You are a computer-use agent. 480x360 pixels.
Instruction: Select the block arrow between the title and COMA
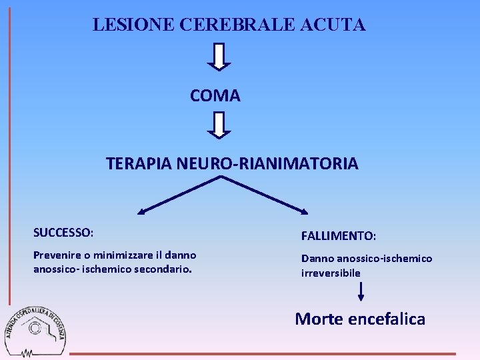point(219,57)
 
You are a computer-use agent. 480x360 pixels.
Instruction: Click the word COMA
point(215,96)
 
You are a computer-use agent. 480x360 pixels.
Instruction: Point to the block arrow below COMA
point(219,125)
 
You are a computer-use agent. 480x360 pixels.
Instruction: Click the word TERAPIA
point(139,163)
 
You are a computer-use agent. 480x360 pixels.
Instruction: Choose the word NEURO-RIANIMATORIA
point(267,163)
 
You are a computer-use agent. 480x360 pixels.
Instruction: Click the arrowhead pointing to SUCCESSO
point(141,212)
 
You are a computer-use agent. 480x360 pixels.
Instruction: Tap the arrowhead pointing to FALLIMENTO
point(304,212)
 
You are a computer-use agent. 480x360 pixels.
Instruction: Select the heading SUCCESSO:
point(63,233)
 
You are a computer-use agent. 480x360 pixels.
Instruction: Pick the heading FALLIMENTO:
point(339,236)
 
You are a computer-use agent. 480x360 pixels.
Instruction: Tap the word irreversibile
point(331,273)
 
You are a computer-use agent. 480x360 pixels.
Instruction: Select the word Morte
point(318,319)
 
